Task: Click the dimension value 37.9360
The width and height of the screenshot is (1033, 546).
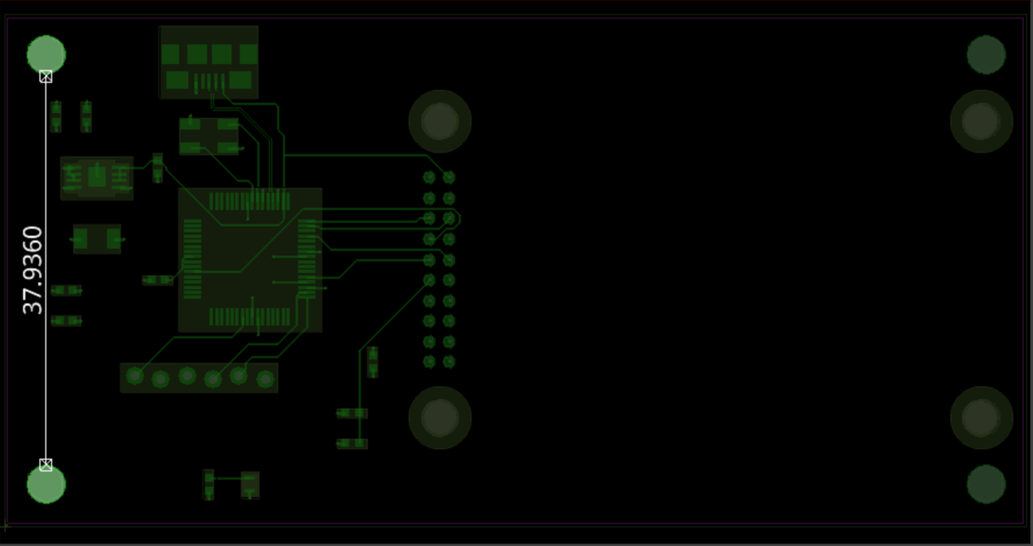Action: [x=32, y=270]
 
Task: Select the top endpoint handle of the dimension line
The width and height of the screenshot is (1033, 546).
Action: [x=46, y=77]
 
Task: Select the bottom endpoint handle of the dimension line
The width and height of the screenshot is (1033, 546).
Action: [x=46, y=465]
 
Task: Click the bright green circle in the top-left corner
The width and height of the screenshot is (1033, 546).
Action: [x=46, y=54]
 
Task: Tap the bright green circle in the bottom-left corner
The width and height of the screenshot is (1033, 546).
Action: [x=46, y=484]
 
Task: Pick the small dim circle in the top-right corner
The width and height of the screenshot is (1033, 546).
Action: [x=986, y=55]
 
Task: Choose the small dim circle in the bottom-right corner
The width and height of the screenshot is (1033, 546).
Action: [x=986, y=483]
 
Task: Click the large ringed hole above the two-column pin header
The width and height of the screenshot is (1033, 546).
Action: [x=440, y=121]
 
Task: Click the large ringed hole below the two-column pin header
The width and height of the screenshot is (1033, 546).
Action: [x=440, y=417]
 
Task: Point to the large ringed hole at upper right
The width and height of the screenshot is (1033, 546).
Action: [x=981, y=121]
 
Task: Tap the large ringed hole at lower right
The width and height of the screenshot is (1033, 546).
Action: [x=981, y=417]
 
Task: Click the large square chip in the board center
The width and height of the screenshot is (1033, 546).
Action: [x=250, y=260]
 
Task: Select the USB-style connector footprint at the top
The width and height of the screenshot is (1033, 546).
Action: [x=208, y=62]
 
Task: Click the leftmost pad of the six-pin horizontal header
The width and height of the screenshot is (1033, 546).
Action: [x=135, y=376]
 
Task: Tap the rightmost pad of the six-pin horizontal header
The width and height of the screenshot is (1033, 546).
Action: [x=265, y=380]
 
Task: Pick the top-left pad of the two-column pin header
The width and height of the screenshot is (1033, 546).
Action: [x=429, y=178]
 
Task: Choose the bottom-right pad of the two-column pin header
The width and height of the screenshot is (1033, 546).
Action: [x=449, y=362]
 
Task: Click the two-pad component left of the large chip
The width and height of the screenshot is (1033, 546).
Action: [x=97, y=239]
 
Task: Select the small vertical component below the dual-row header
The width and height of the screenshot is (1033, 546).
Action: [x=372, y=362]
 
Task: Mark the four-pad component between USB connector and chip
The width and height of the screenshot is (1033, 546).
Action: [x=208, y=136]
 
